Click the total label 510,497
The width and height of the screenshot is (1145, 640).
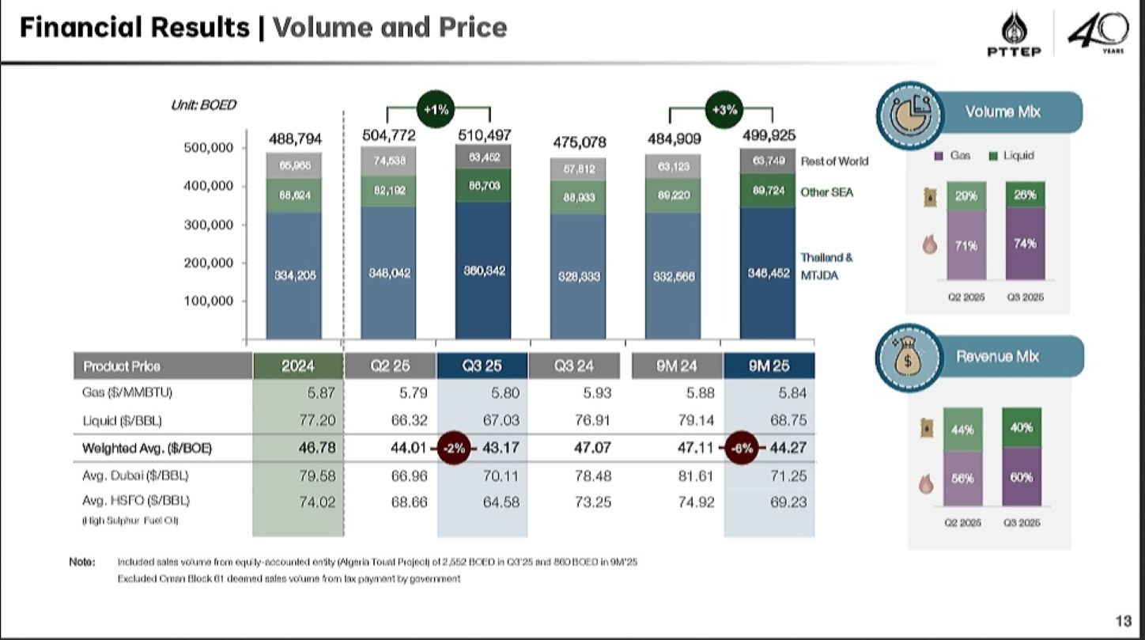[484, 135]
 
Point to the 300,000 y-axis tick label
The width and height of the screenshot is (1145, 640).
[210, 225]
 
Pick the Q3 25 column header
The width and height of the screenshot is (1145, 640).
[482, 365]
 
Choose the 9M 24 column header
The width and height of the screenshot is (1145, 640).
[677, 365]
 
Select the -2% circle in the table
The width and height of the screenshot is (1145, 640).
[455, 448]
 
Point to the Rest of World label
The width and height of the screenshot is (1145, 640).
[834, 161]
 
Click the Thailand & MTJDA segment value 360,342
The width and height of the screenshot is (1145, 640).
[483, 271]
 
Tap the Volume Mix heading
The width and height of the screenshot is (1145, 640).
[1003, 112]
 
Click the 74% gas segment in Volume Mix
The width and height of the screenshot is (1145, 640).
[1025, 244]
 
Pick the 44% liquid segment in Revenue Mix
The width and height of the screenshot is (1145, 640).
[962, 429]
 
